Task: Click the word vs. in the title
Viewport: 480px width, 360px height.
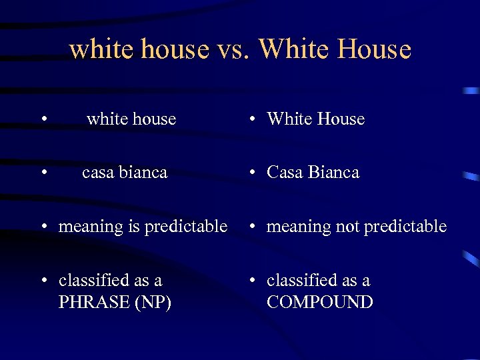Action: pyautogui.click(x=233, y=49)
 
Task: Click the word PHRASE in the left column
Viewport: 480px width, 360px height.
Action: pyautogui.click(x=94, y=302)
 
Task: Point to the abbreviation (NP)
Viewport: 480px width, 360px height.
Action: pyautogui.click(x=153, y=302)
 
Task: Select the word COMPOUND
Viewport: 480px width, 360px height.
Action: pyautogui.click(x=319, y=302)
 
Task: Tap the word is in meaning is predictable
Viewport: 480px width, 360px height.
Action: pyautogui.click(x=133, y=227)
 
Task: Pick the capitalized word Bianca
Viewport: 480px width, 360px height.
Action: pyautogui.click(x=333, y=173)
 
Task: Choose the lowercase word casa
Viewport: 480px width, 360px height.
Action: pyautogui.click(x=98, y=173)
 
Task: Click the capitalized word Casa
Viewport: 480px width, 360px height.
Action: pyautogui.click(x=285, y=173)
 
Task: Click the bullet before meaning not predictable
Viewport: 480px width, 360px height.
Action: pyautogui.click(x=254, y=227)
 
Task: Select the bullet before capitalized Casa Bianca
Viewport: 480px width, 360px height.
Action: pyautogui.click(x=254, y=173)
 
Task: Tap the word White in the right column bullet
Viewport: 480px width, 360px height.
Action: pyautogui.click(x=289, y=119)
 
